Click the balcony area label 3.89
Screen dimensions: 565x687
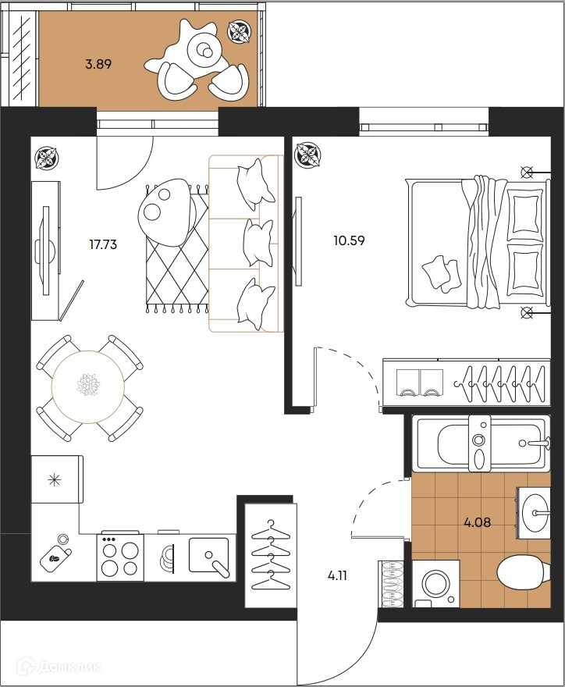[98, 64]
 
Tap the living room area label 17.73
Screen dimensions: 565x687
[103, 244]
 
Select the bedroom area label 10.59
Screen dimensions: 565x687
[349, 240]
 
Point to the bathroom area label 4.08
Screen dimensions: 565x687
[478, 522]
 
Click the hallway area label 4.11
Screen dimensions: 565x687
[337, 575]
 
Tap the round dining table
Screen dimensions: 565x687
[88, 386]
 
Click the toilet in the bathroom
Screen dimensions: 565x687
[524, 574]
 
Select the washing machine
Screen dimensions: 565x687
[435, 584]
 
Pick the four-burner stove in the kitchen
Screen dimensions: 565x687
[120, 557]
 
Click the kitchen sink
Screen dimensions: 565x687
[209, 556]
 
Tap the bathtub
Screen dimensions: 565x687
[481, 443]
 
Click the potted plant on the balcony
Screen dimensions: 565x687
[240, 31]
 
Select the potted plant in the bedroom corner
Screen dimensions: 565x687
[308, 155]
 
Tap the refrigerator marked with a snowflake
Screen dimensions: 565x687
[57, 479]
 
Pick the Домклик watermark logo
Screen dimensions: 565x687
[59, 667]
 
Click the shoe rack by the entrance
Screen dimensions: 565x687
[391, 584]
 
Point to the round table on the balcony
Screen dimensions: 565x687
[204, 52]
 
